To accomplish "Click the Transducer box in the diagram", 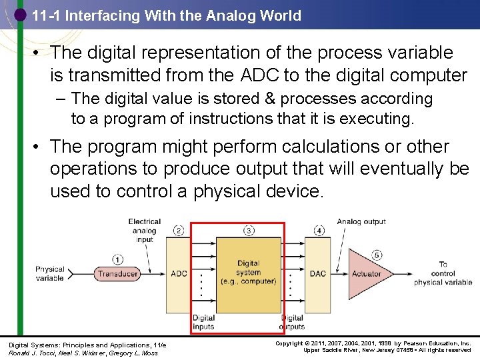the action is pos(117,274).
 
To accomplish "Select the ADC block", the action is pos(179,274).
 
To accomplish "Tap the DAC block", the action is pos(318,274).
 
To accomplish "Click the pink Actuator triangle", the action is pos(363,274).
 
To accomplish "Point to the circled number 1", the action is pos(118,260).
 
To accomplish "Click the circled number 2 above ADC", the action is pos(179,231).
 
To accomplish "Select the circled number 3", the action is pos(249,231).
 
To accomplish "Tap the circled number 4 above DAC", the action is pos(319,231).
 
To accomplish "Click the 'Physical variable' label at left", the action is pos(50,274).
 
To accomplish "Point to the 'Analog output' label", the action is pos(361,221).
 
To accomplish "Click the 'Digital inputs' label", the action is pos(203,323).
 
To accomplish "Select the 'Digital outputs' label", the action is pos(292,323).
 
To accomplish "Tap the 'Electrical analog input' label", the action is pos(145,231).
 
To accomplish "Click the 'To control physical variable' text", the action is pos(443,273).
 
